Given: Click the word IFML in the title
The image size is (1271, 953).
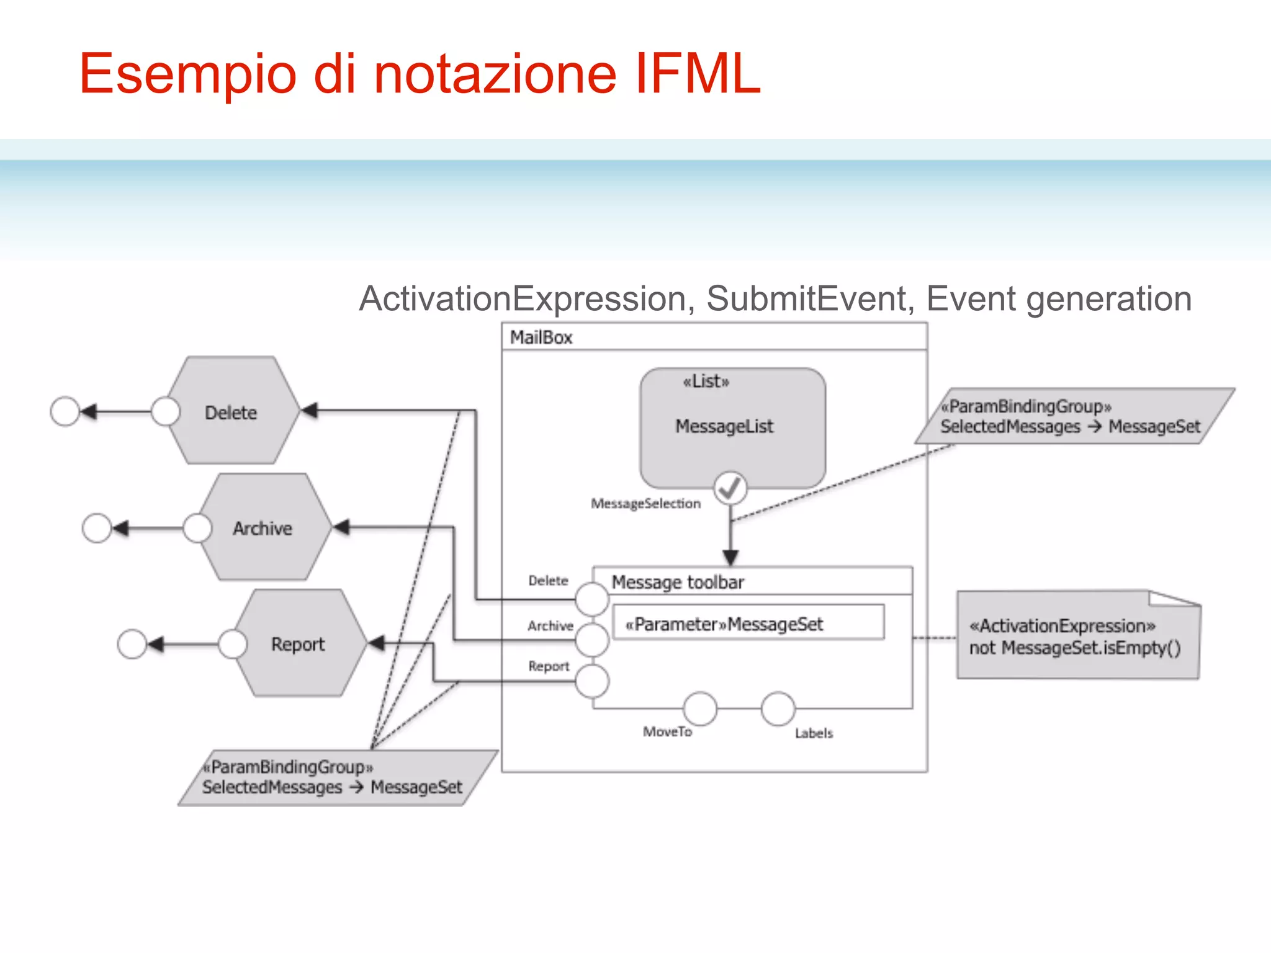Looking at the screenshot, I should pyautogui.click(x=698, y=73).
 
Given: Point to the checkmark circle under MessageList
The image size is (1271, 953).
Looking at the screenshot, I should pyautogui.click(x=730, y=488).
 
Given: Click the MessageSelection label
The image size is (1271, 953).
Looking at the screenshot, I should pyautogui.click(x=645, y=504).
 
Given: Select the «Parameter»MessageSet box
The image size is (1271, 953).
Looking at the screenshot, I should pyautogui.click(x=748, y=623).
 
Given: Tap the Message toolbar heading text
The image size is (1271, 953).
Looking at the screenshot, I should pyautogui.click(x=678, y=582).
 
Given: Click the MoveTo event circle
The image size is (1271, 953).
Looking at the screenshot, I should pyautogui.click(x=700, y=709).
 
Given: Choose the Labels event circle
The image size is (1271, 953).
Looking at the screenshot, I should pyautogui.click(x=778, y=709).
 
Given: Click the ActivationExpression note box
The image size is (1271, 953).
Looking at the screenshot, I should pyautogui.click(x=1077, y=636).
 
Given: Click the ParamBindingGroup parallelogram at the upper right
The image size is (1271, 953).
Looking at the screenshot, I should pyautogui.click(x=1074, y=416).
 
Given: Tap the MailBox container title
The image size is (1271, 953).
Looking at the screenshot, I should pyautogui.click(x=541, y=338).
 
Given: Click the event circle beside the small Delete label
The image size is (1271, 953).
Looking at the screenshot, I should pyautogui.click(x=591, y=599).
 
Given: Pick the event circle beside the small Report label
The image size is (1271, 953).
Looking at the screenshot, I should pyautogui.click(x=591, y=681).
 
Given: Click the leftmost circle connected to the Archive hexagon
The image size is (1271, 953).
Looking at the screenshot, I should pyautogui.click(x=97, y=528).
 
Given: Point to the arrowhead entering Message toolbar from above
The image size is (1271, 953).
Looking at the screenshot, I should pyautogui.click(x=730, y=557).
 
